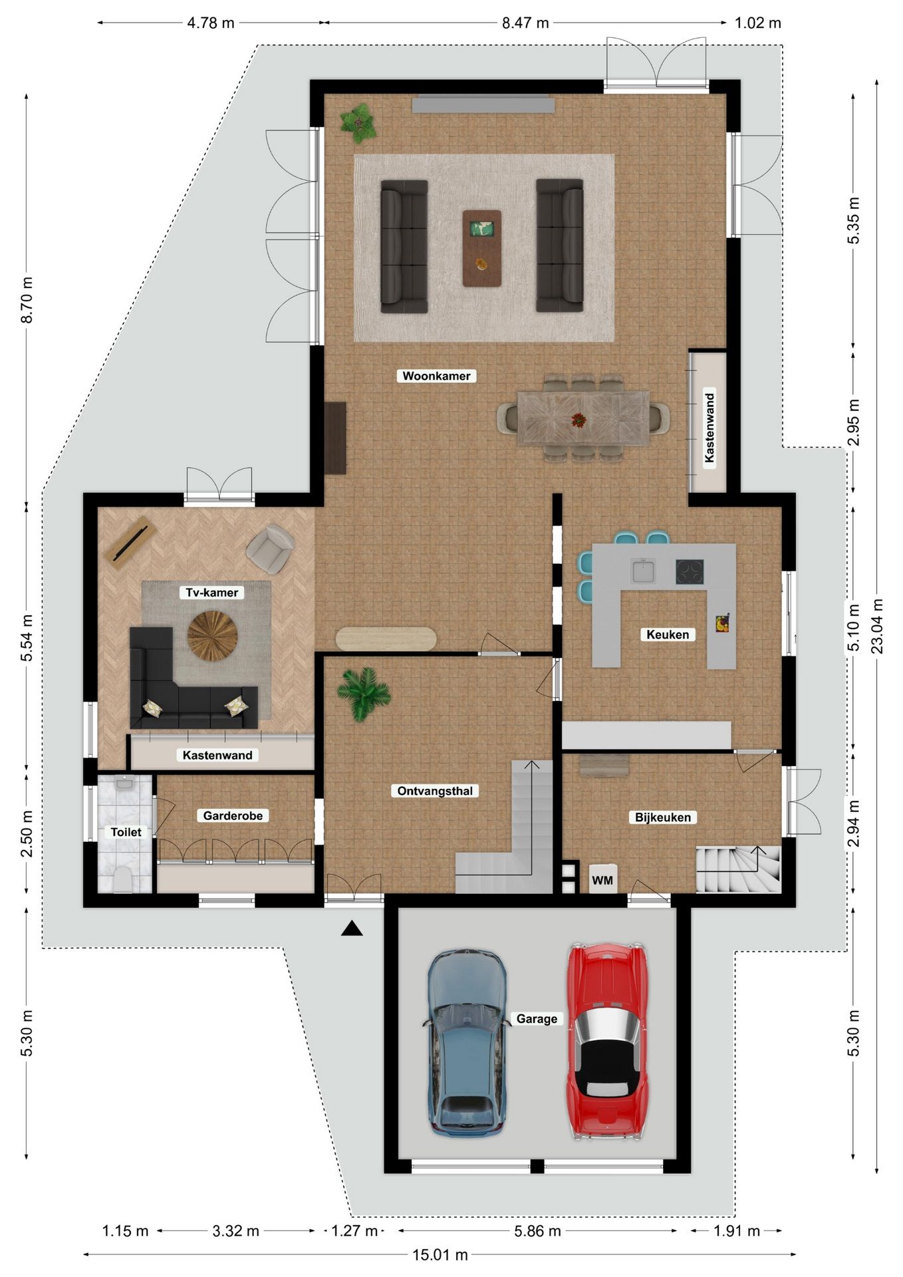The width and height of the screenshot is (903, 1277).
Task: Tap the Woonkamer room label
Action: pyautogui.click(x=436, y=376)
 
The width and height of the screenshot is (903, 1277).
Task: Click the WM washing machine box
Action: pyautogui.click(x=602, y=880)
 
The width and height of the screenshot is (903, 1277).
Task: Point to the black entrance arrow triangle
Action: pyautogui.click(x=352, y=929)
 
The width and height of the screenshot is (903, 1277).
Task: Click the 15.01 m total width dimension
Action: pyautogui.click(x=440, y=1255)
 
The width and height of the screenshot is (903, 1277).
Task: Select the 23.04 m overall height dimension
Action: pyautogui.click(x=877, y=626)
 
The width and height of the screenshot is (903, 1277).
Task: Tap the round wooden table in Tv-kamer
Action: pyautogui.click(x=212, y=637)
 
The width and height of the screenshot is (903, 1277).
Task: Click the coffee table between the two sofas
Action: pyautogui.click(x=482, y=248)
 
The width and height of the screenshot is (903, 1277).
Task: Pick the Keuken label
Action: pyautogui.click(x=668, y=635)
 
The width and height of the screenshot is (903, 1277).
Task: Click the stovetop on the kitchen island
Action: pyautogui.click(x=690, y=572)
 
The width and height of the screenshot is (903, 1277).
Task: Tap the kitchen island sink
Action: pyautogui.click(x=644, y=571)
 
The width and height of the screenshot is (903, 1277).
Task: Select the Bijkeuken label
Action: pyautogui.click(x=662, y=817)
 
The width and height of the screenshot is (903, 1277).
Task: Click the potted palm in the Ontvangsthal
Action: pyautogui.click(x=362, y=692)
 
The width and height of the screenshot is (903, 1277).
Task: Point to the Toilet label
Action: pyautogui.click(x=126, y=832)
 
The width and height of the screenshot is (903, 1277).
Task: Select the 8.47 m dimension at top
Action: pyautogui.click(x=525, y=23)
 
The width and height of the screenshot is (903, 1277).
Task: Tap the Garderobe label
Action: pyautogui.click(x=233, y=815)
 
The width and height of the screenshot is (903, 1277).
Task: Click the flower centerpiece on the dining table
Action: pyautogui.click(x=579, y=420)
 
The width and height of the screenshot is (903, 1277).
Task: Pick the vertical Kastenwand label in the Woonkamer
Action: pyautogui.click(x=709, y=428)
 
